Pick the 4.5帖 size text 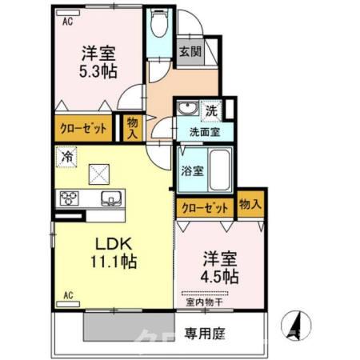pyautogui.click(x=220, y=276)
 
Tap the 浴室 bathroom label pyautogui.click(x=192, y=170)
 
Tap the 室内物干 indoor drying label pyautogui.click(x=205, y=302)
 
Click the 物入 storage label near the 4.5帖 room pyautogui.click(x=250, y=205)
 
